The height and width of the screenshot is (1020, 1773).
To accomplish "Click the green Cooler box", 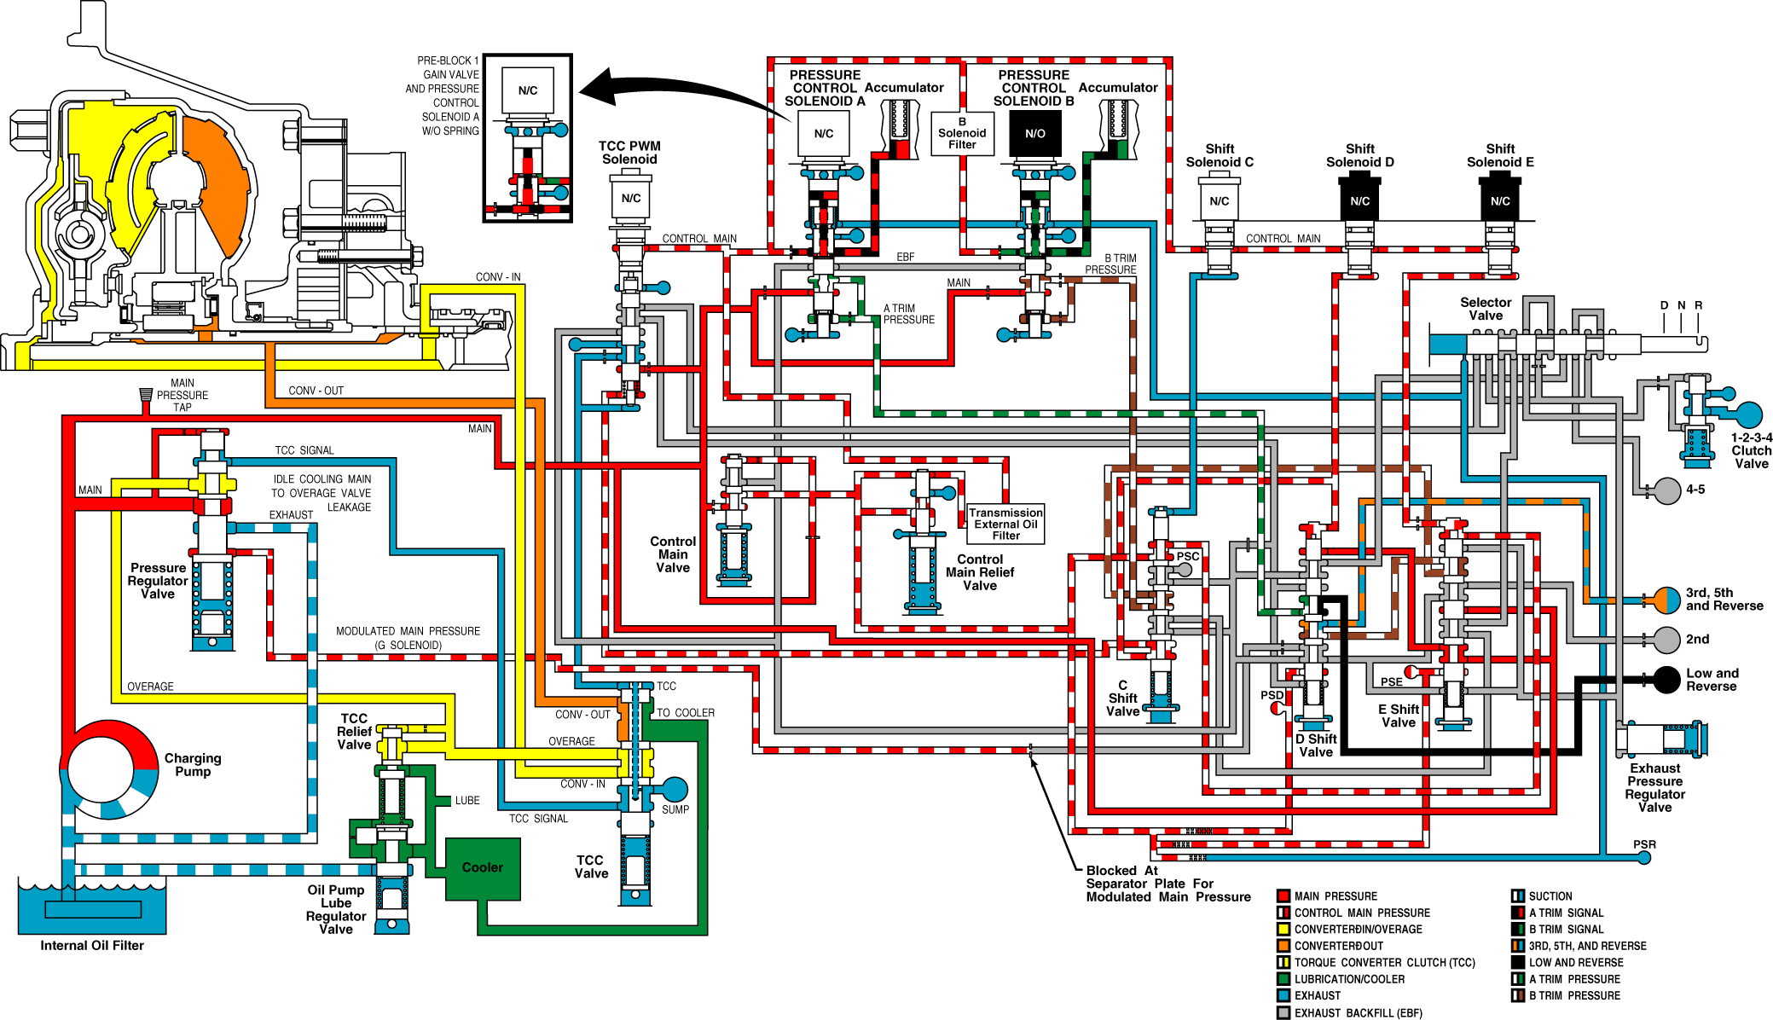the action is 483,869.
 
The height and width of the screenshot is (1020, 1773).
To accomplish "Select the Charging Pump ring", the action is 109,770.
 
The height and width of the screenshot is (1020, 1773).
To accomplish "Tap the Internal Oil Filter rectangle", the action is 93,909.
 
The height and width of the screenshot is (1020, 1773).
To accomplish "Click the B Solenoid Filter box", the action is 962,134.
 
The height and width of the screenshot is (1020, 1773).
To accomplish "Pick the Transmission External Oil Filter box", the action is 1006,524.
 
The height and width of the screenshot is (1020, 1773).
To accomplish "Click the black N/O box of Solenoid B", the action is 1035,134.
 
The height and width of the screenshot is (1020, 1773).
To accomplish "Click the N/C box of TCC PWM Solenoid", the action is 631,199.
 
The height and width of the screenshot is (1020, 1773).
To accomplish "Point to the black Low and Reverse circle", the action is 1666,680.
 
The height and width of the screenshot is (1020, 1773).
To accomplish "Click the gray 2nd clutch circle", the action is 1666,640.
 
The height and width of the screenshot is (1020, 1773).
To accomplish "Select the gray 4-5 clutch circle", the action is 1667,490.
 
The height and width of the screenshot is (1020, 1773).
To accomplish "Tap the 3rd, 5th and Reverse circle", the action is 1666,600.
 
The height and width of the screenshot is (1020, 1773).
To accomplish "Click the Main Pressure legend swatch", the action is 1283,896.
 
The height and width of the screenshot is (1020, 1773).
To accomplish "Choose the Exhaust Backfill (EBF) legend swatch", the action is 1283,1013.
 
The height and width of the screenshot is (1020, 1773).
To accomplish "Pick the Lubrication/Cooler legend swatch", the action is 1283,979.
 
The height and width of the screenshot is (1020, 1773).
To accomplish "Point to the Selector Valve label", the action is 1486,309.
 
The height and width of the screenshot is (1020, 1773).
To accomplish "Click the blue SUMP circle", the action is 675,790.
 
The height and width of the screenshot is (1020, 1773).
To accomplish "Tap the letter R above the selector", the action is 1698,305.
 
